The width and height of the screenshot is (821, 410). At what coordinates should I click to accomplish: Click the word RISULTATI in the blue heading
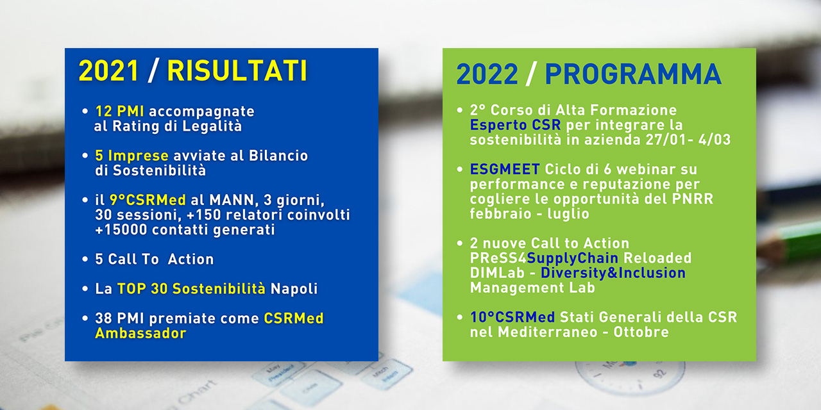(x=237, y=70)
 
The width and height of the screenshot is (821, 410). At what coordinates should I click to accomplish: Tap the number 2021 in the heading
(x=108, y=70)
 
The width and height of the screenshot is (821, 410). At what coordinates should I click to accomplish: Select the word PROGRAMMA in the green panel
(x=633, y=74)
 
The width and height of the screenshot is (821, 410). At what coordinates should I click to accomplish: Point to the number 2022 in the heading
(x=487, y=74)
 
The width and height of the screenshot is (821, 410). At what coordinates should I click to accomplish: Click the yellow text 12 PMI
(x=119, y=111)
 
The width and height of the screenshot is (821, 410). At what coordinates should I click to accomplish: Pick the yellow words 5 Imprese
(x=131, y=156)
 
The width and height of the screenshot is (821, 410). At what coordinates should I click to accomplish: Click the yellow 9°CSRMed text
(x=148, y=201)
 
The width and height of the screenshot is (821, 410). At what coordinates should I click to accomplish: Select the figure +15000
(x=121, y=230)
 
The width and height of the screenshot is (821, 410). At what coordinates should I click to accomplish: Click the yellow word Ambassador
(x=140, y=334)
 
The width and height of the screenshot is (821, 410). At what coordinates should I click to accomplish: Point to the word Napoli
(x=294, y=289)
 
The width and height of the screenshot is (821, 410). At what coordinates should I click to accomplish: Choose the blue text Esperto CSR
(x=515, y=125)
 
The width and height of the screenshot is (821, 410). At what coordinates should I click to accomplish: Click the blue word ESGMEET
(x=505, y=170)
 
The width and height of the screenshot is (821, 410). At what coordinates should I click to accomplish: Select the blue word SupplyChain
(x=573, y=258)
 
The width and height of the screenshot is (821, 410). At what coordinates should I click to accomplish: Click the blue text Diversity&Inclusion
(x=613, y=273)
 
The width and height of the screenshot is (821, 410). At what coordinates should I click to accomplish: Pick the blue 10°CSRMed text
(x=512, y=317)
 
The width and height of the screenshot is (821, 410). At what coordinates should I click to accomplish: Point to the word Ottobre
(x=641, y=332)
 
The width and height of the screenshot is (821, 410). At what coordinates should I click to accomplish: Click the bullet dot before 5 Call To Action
(x=85, y=259)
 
